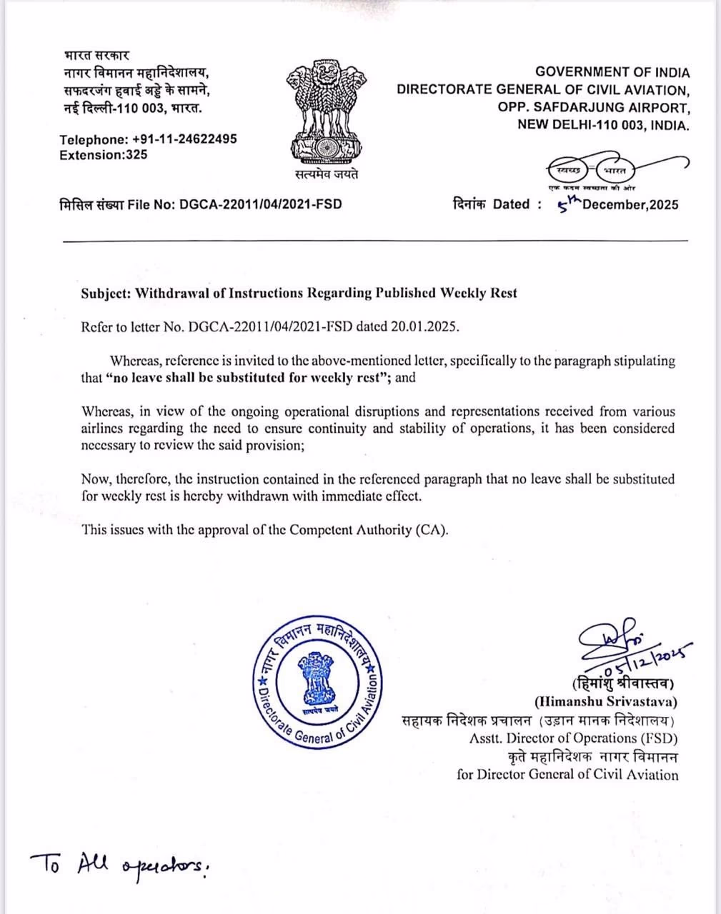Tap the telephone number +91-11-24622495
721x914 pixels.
(x=184, y=139)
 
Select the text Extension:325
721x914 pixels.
(x=104, y=155)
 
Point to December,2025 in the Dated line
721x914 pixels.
(x=630, y=205)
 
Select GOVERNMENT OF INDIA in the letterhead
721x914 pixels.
(x=612, y=72)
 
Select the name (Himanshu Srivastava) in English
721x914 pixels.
(x=606, y=702)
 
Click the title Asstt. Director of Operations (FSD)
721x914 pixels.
(x=573, y=738)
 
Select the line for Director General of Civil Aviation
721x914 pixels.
(x=567, y=775)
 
